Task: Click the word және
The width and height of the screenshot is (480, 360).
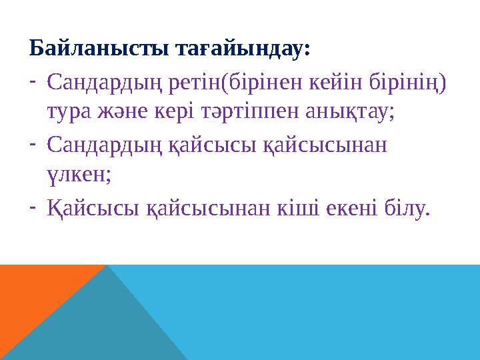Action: click(127, 113)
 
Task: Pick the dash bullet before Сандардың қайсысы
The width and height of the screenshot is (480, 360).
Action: click(33, 141)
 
